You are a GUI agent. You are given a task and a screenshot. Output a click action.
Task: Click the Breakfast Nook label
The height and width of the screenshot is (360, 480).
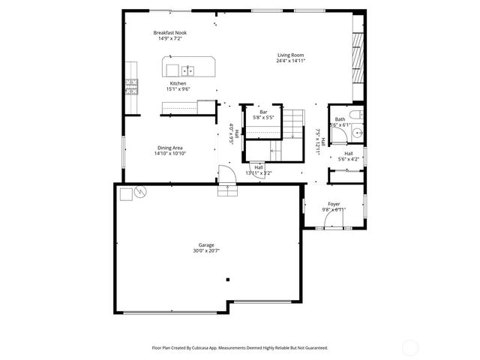click(x=170, y=33)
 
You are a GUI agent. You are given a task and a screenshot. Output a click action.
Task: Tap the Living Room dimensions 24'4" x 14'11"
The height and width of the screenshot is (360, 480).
click(x=291, y=61)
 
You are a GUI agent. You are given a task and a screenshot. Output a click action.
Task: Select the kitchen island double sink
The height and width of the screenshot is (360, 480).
click(x=188, y=70)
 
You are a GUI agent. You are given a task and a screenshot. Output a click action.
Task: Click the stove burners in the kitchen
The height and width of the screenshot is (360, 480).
click(x=132, y=85)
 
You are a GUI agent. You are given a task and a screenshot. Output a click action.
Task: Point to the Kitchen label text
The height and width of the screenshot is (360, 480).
click(x=178, y=83)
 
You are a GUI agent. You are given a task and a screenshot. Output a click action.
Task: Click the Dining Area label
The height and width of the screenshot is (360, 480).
click(x=170, y=148)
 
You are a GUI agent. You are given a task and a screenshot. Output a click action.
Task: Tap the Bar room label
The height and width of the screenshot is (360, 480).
click(x=263, y=112)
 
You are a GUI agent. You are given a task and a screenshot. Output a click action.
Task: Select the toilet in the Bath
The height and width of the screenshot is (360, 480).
click(x=357, y=115)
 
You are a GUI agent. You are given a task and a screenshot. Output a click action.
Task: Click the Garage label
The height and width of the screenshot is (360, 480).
click(x=206, y=245)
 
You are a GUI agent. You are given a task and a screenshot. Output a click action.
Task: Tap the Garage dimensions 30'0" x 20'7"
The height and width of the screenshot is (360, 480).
click(x=206, y=251)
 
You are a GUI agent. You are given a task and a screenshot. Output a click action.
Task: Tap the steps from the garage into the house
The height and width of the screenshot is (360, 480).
click(x=227, y=190)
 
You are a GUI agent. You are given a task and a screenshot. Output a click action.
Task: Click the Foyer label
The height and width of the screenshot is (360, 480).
click(x=334, y=203)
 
